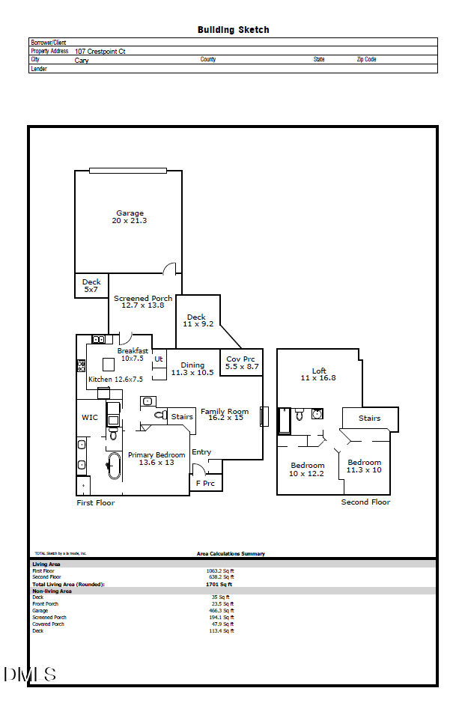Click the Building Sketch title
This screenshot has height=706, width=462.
[233, 30]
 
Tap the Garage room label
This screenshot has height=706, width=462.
[130, 217]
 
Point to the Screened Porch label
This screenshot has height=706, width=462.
[142, 302]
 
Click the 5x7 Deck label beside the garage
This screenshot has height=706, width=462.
[91, 286]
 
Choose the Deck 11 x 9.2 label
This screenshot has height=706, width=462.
[198, 320]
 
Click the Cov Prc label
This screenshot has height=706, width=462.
[241, 363]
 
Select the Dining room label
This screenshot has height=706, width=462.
[192, 369]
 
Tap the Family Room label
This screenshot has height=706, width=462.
[224, 415]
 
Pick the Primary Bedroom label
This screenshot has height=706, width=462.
[156, 458]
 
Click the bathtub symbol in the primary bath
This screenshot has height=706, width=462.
[114, 466]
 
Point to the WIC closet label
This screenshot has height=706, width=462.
[89, 417]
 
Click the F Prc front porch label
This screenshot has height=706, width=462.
[205, 484]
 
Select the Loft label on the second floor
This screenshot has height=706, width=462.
[319, 374]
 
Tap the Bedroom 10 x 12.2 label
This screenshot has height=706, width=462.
[307, 469]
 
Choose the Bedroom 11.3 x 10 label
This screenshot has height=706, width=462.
[364, 466]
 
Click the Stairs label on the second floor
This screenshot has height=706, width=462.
[369, 419]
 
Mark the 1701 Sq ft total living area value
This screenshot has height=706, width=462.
[219, 584]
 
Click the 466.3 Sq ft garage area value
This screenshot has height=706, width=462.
[222, 610]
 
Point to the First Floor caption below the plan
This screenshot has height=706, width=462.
[96, 503]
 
